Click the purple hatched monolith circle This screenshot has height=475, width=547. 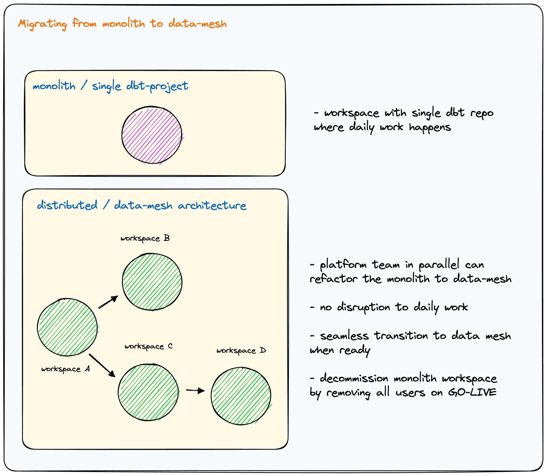point(152,135)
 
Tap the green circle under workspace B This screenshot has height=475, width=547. point(152,282)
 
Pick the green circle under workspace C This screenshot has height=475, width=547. point(148,392)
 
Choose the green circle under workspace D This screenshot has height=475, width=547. point(241,396)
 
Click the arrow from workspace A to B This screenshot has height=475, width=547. point(108,302)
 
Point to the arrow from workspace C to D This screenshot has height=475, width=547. point(195,390)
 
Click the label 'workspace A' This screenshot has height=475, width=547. point(66,369)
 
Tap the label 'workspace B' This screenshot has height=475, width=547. point(145,238)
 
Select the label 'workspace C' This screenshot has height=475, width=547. point(148,346)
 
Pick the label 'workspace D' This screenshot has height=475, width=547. point(241,350)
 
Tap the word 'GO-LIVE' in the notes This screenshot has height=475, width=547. point(472,392)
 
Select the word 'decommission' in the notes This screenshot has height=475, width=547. point(354,378)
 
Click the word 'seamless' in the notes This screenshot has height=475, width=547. point(344,336)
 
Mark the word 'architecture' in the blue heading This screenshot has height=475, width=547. point(212,206)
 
